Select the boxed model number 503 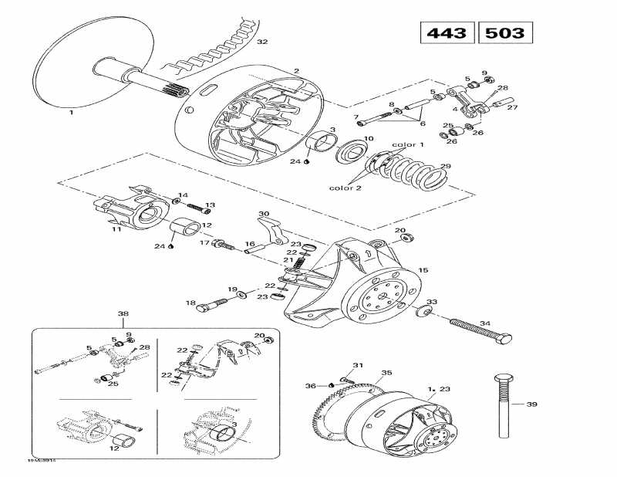coord(506,33)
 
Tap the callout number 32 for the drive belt coord(261,41)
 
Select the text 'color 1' coord(408,144)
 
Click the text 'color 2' coord(345,188)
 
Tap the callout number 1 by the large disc coord(71,112)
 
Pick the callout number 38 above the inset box coord(123,314)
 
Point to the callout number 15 coord(423,270)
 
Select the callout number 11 coord(116,229)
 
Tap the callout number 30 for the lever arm coord(263,214)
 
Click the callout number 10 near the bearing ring coord(369,139)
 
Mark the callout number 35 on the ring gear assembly coord(386,372)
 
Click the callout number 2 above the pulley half coord(295,71)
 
